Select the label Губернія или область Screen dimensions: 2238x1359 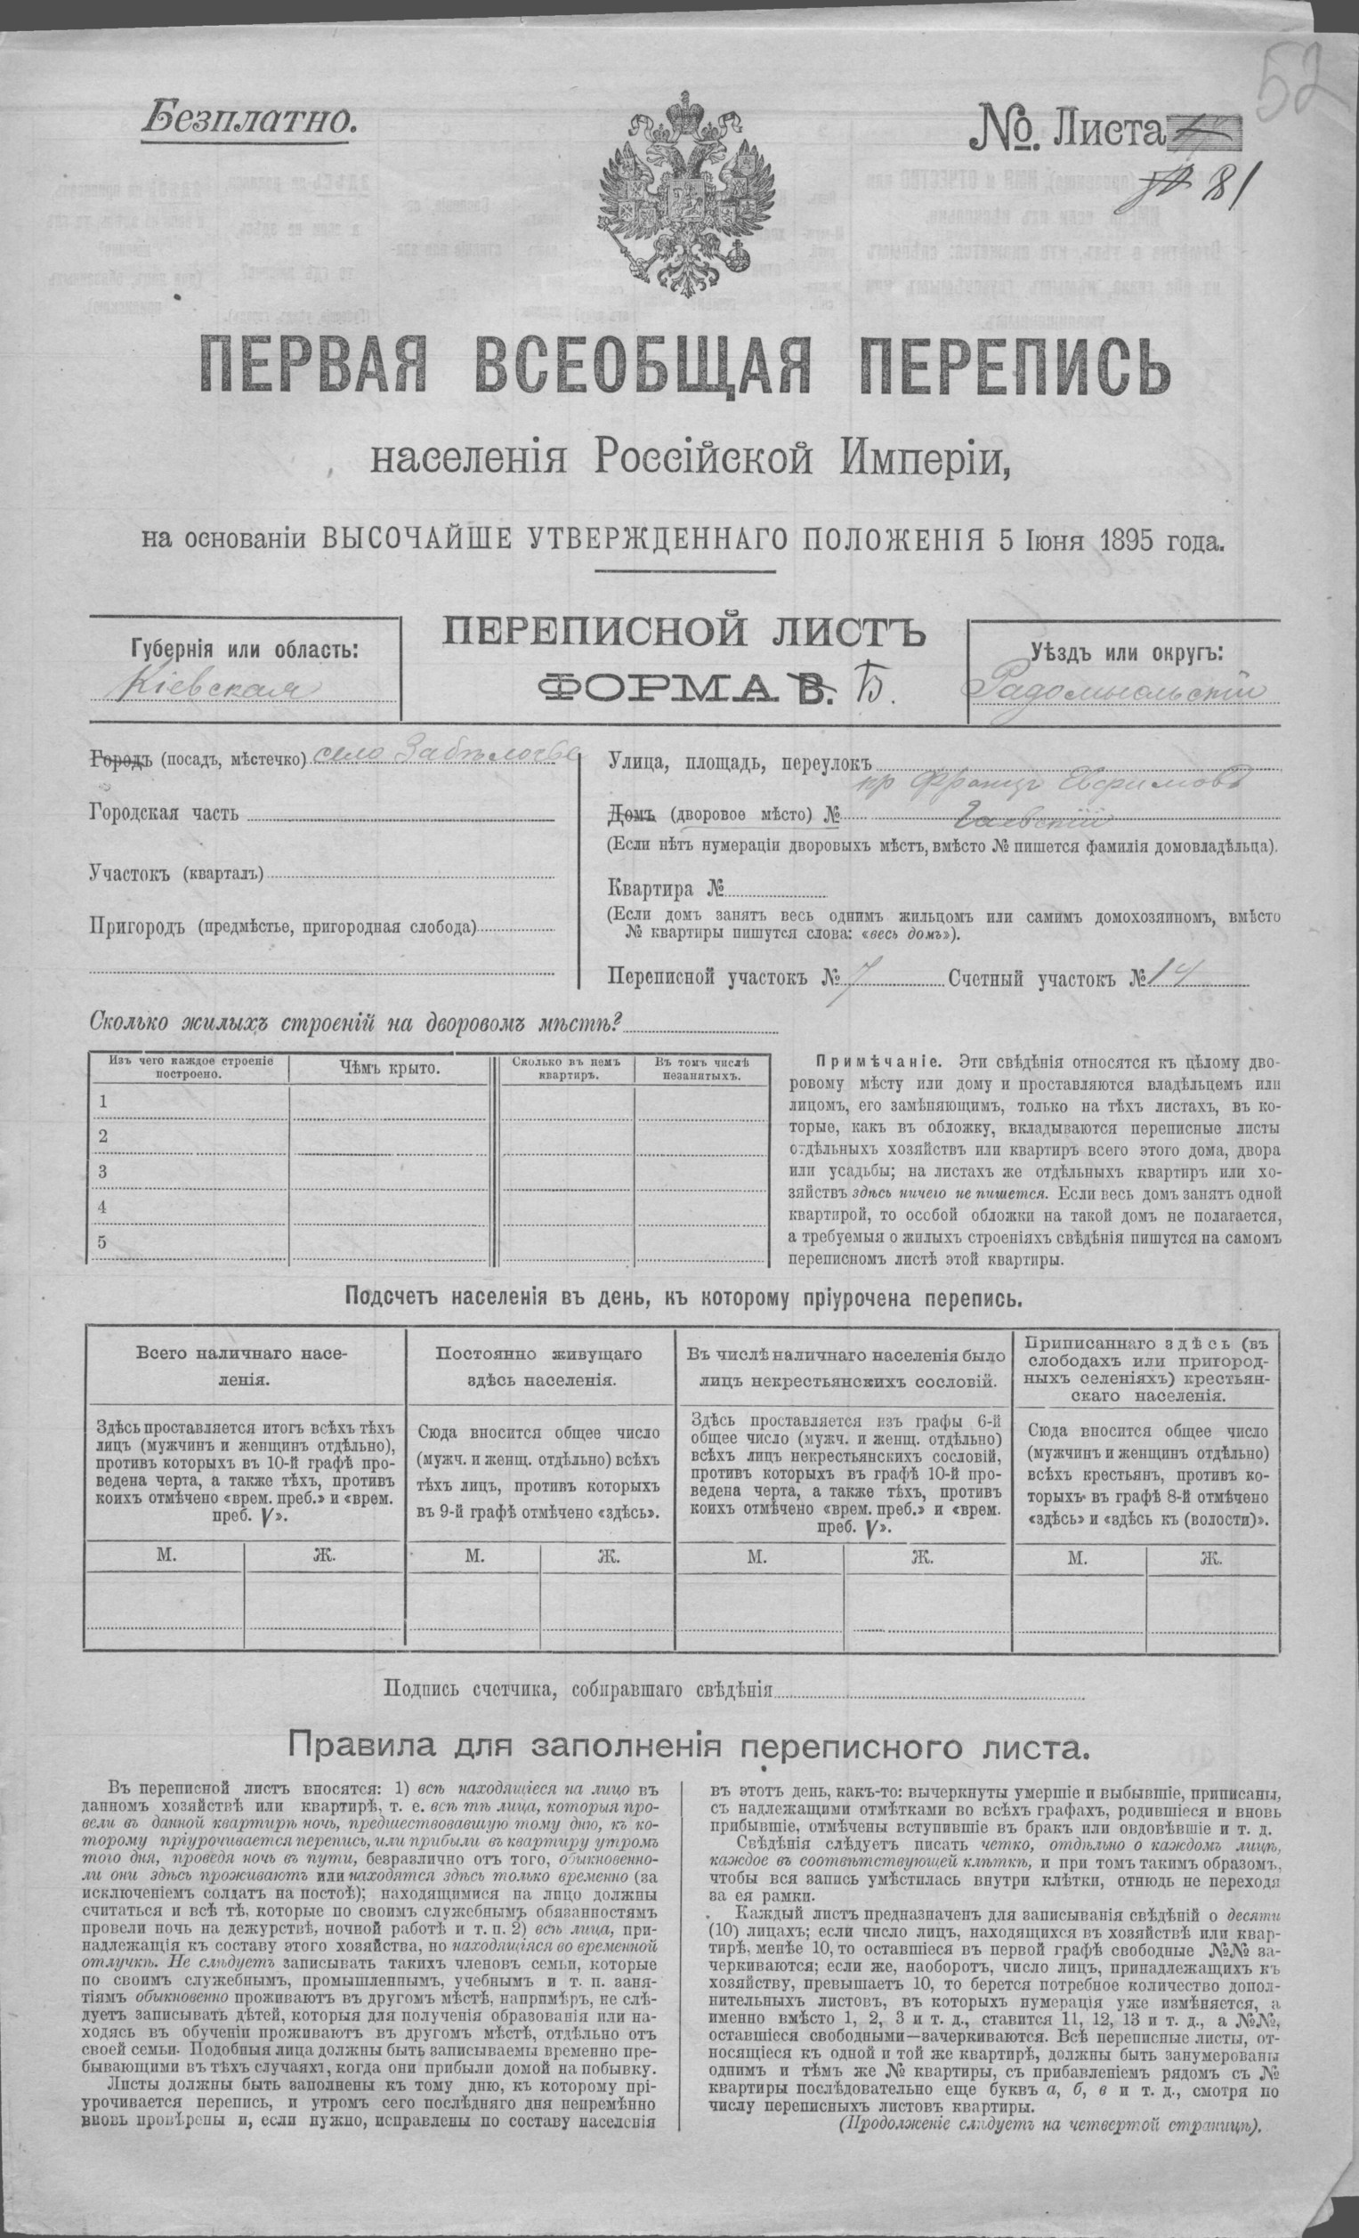pyautogui.click(x=244, y=650)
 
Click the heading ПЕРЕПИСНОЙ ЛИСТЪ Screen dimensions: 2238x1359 pyautogui.click(x=684, y=633)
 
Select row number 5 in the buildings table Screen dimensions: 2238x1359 pyautogui.click(x=102, y=1241)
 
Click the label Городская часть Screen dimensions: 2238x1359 pyautogui.click(x=165, y=812)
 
